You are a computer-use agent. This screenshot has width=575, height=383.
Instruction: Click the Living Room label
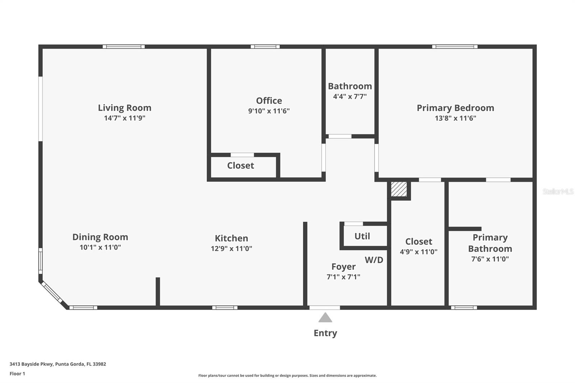click(124, 108)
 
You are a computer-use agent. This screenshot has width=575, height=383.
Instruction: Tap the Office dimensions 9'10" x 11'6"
click(269, 111)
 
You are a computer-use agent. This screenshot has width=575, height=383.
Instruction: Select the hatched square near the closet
click(399, 189)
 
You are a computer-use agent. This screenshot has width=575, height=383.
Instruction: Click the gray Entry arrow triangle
click(325, 318)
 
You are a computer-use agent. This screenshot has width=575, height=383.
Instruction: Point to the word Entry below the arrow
click(325, 333)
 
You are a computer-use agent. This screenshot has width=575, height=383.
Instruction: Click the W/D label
click(374, 260)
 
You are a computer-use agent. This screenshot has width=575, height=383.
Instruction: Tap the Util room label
click(362, 236)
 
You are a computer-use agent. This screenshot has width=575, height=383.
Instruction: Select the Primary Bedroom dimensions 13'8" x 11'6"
click(455, 118)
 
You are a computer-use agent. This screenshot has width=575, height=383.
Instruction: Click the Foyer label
click(343, 267)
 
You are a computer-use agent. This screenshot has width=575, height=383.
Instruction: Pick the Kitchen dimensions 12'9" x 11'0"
click(231, 248)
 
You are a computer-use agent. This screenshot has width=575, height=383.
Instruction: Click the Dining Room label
click(100, 237)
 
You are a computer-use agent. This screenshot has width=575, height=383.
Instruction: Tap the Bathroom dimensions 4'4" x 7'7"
click(350, 96)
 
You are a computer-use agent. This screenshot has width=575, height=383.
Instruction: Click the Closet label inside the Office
click(240, 166)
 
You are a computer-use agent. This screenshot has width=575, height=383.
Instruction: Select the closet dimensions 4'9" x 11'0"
click(418, 252)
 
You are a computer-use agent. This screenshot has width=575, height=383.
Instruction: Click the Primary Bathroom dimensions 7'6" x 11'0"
click(490, 259)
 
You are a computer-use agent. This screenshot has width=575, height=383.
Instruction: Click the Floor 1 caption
click(17, 374)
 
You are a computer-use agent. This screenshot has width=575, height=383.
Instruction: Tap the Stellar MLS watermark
click(558, 191)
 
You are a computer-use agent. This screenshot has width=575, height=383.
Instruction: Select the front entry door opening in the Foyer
click(325, 308)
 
